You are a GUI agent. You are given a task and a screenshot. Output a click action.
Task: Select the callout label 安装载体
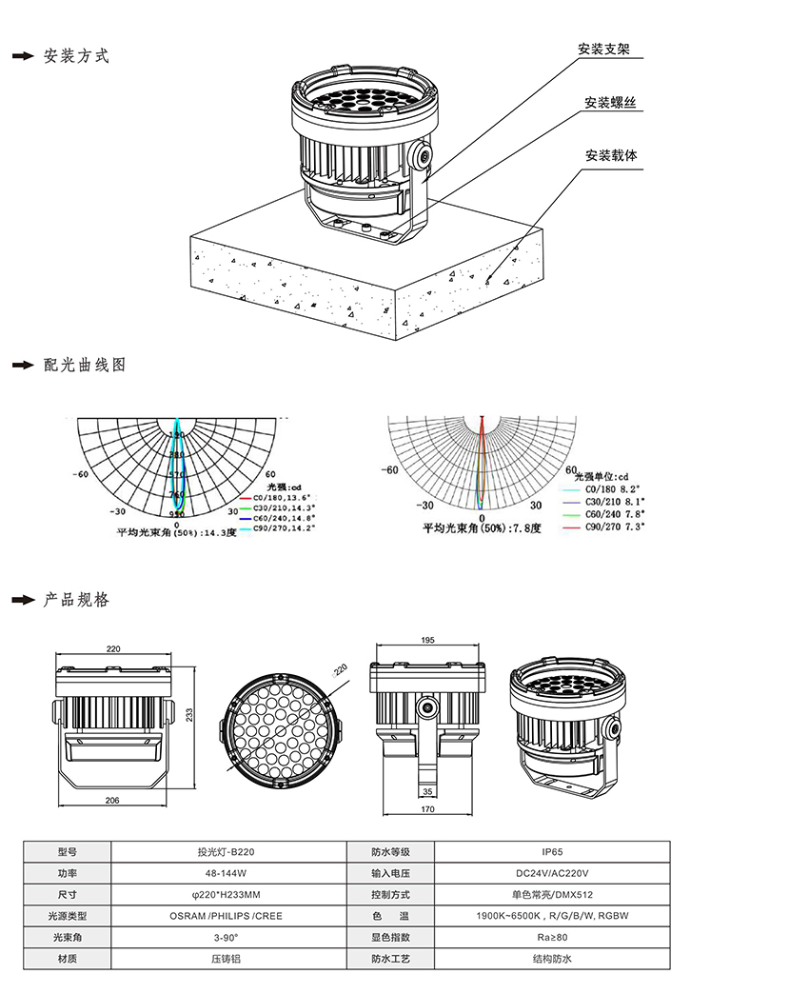point(610,154)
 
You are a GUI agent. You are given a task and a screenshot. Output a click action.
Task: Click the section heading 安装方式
point(77,56)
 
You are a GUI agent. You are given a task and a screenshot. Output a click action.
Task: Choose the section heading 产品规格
point(77,600)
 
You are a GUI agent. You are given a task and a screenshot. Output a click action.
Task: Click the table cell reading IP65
point(551,852)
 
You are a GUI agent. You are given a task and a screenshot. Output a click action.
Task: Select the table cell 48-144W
point(227,873)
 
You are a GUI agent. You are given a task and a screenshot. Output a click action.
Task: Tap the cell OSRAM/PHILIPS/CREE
point(227,916)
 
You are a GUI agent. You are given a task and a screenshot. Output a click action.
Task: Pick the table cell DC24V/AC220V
point(551,873)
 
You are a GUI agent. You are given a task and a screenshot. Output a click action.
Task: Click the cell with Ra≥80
point(551,937)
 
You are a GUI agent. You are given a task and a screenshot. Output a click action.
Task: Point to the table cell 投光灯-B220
point(227,852)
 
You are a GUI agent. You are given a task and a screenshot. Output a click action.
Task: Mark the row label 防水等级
point(390,852)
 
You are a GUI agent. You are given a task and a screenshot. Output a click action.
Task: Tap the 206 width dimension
point(111,802)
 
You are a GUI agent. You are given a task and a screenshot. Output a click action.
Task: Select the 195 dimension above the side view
point(427,641)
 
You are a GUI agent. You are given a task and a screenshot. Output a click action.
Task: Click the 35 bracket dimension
point(427,791)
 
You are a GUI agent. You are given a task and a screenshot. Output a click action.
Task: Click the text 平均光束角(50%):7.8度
point(483,527)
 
